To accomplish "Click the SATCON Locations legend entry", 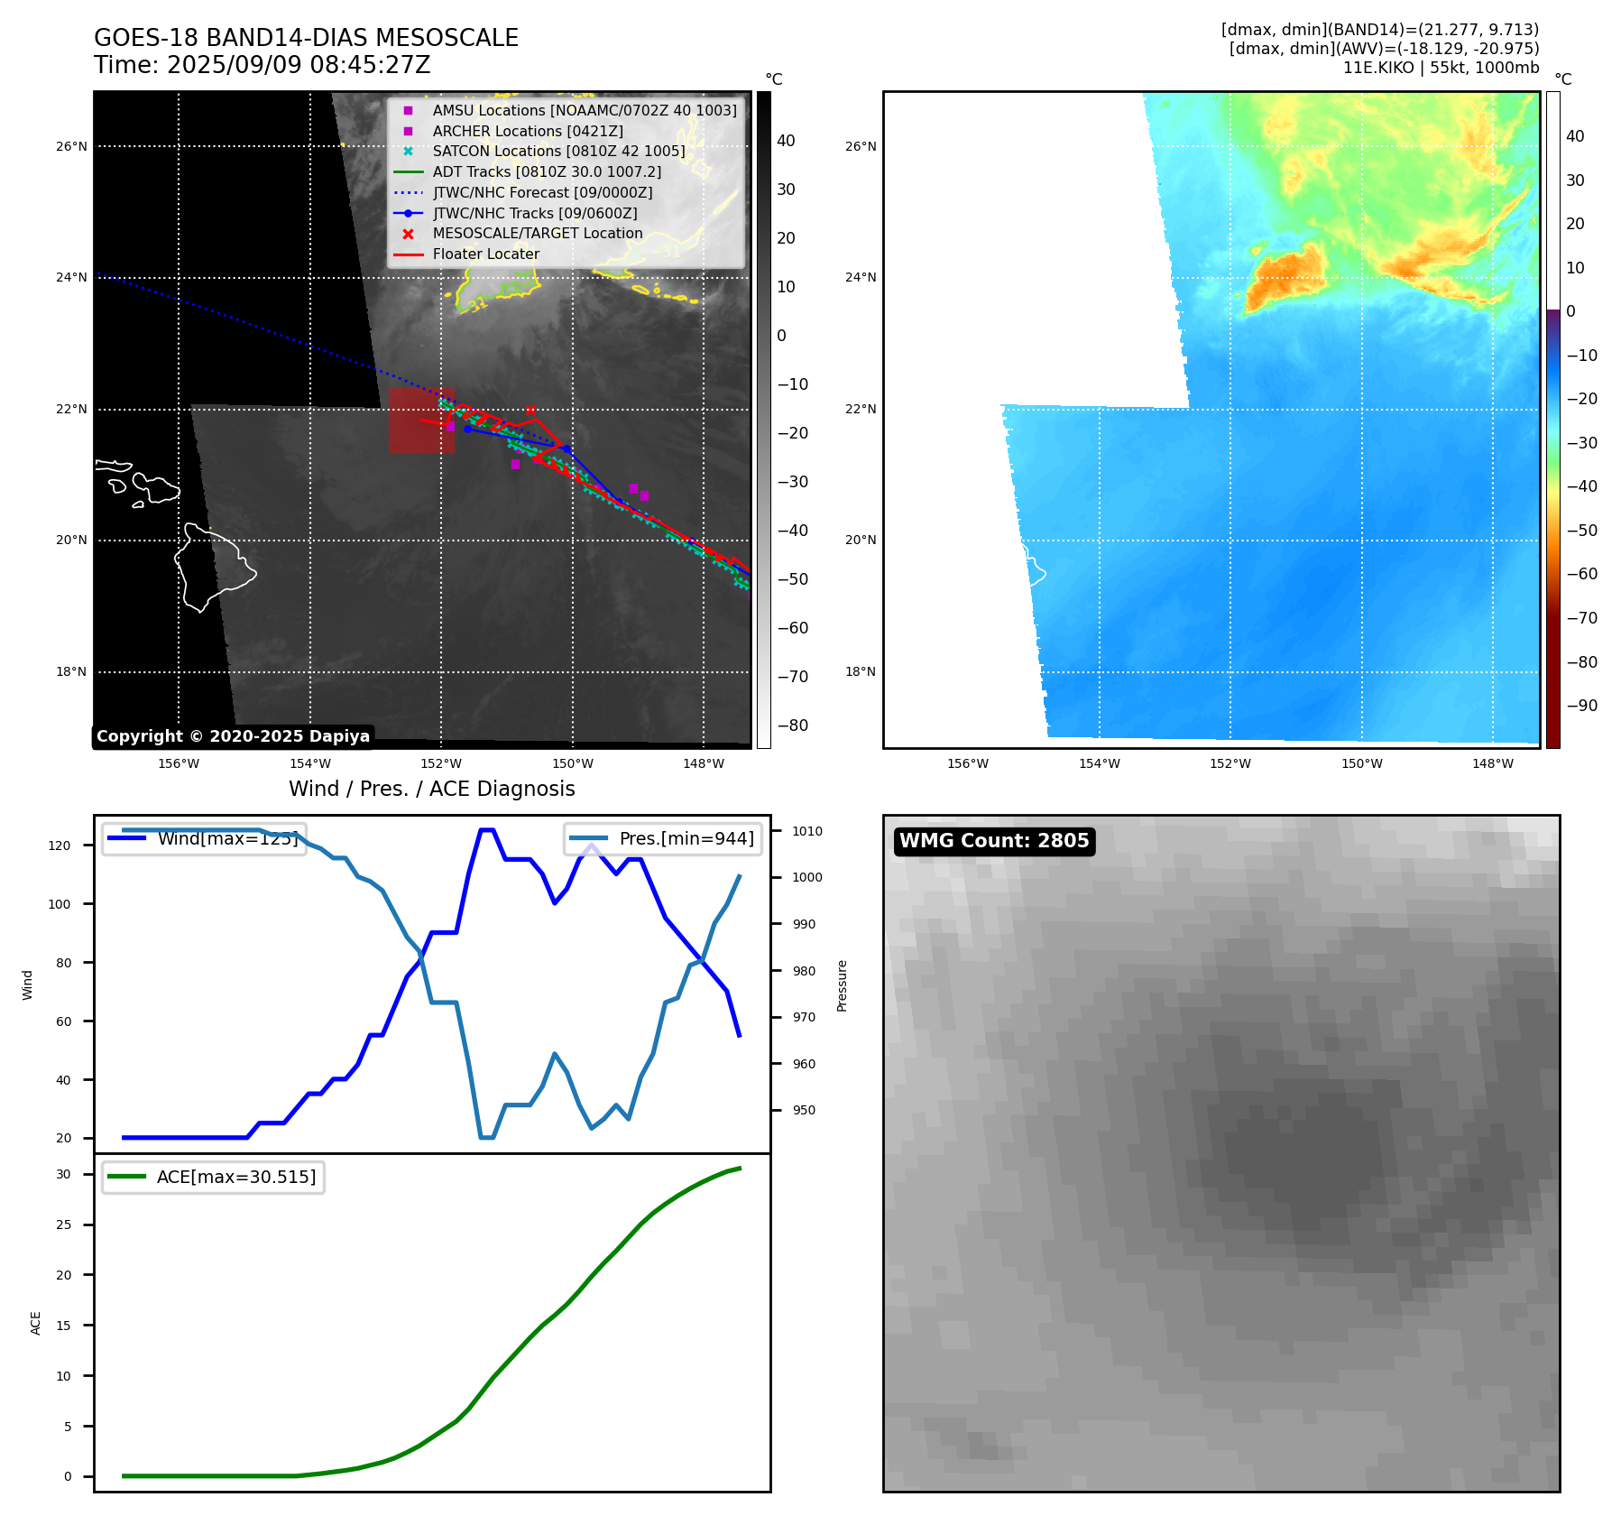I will click(x=558, y=152).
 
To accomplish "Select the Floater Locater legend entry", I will click(x=485, y=254).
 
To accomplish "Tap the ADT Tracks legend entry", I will click(x=547, y=172).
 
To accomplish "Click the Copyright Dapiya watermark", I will click(x=233, y=736).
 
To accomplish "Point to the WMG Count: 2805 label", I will click(x=994, y=841).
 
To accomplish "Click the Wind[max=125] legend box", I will click(x=204, y=838).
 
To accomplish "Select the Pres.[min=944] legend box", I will click(x=663, y=838).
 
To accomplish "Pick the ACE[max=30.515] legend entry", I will click(x=214, y=1177).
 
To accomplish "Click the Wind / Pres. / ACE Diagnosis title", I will click(x=431, y=789).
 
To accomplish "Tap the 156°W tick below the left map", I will click(x=179, y=763).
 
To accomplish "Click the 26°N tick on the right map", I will click(x=860, y=146).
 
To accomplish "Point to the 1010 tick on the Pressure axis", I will click(x=807, y=831).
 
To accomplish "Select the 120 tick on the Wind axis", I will click(x=60, y=846).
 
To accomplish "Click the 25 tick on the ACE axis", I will click(x=63, y=1225).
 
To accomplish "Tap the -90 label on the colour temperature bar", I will click(x=1581, y=706).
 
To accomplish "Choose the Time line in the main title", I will click(x=262, y=66).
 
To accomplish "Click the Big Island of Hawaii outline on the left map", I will click(x=211, y=567).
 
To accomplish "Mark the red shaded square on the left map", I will click(x=420, y=421).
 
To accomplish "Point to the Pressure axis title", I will click(x=842, y=984).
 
